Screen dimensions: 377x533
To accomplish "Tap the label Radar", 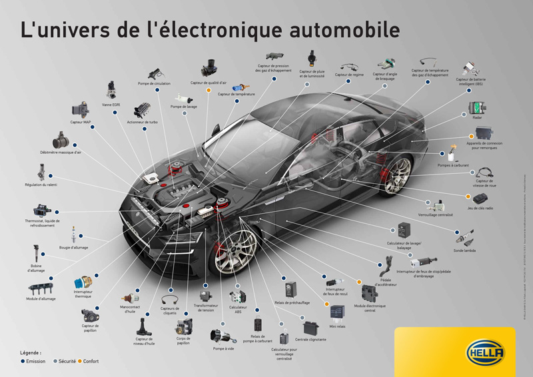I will coord(477,117).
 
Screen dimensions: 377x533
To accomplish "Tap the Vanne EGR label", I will coord(111,105).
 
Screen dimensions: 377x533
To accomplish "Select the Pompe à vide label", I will coord(224,348).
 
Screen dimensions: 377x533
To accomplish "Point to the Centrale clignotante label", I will coord(310,340).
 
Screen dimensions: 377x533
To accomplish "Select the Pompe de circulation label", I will coord(154,83).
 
